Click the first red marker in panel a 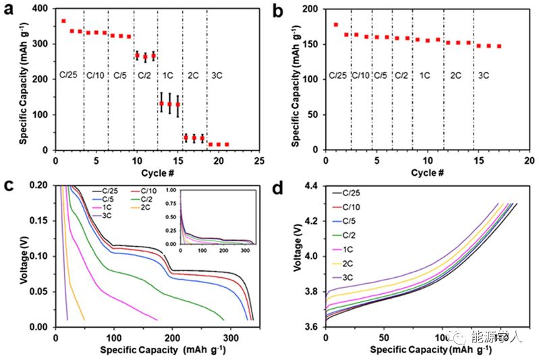[x=63, y=21]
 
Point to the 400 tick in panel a [x=45, y=9]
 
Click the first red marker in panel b [x=335, y=24]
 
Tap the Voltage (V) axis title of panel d [x=297, y=256]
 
